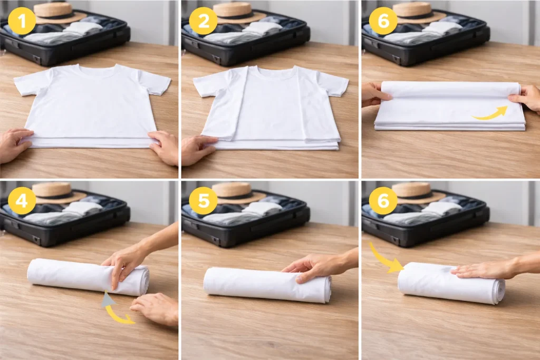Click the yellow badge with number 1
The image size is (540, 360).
(22, 21)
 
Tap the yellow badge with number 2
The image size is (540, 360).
(203, 21)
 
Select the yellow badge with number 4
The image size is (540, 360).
(22, 201)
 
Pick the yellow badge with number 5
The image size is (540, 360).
(203, 201)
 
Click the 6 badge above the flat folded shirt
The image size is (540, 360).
(383, 21)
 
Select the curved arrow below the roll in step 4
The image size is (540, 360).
(117, 310)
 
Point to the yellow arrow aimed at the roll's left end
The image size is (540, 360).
(384, 259)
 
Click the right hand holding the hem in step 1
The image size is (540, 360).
(165, 147)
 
